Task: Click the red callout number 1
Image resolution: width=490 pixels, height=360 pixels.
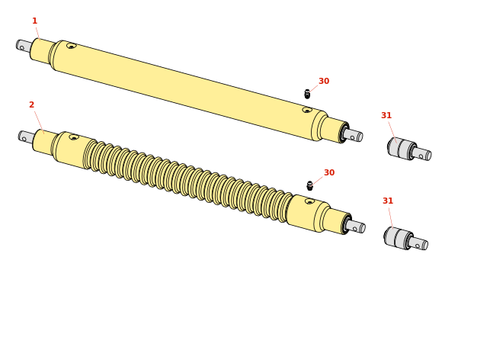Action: [35, 21]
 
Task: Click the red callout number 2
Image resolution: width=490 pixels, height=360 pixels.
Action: [31, 104]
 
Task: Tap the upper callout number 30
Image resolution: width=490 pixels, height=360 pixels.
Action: [324, 81]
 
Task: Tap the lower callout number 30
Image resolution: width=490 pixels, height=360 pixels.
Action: [329, 172]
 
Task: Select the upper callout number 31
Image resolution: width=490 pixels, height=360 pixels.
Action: [386, 115]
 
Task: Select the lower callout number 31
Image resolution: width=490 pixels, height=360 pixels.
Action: [388, 201]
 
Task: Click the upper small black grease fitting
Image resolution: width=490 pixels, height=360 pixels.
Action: [307, 94]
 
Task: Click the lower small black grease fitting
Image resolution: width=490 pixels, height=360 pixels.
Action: [309, 186]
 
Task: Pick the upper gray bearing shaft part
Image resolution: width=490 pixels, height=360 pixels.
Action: [409, 149]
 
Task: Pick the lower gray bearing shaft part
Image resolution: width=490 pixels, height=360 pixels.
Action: [405, 239]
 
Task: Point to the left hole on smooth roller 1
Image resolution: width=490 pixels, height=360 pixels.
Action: [72, 46]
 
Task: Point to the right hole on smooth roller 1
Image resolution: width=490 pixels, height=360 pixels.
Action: [307, 110]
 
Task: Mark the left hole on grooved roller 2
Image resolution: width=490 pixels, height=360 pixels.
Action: [74, 137]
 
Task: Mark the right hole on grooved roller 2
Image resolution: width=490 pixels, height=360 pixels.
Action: [309, 201]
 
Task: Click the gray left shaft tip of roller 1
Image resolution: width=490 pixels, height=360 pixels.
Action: [24, 46]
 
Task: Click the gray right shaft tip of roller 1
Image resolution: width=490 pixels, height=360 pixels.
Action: [353, 135]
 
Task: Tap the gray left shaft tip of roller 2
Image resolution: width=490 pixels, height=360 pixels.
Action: [26, 137]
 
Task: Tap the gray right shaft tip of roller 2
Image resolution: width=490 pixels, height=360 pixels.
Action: [356, 226]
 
